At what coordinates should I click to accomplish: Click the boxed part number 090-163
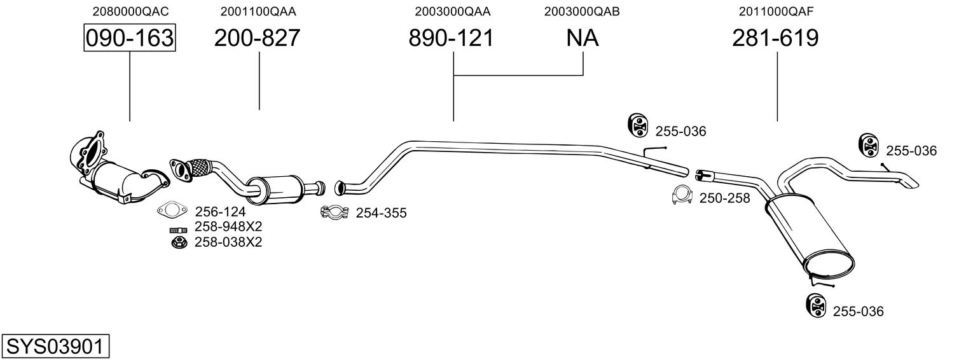[x=130, y=38]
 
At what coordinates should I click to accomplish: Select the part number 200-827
[x=257, y=38]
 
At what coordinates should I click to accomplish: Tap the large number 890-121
[x=452, y=38]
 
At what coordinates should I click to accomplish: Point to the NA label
[x=583, y=38]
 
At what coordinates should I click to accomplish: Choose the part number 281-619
[x=775, y=38]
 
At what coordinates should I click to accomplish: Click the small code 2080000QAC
[x=130, y=11]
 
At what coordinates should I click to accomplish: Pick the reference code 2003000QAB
[x=582, y=11]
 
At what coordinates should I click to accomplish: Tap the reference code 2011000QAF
[x=776, y=11]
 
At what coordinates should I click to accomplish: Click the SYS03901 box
[x=55, y=346]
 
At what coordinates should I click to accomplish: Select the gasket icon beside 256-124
[x=172, y=211]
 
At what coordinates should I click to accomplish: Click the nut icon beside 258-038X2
[x=179, y=242]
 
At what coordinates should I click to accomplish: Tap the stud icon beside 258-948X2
[x=178, y=229]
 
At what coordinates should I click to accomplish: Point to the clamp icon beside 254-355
[x=335, y=212]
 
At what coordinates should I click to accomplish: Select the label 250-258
[x=724, y=198]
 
